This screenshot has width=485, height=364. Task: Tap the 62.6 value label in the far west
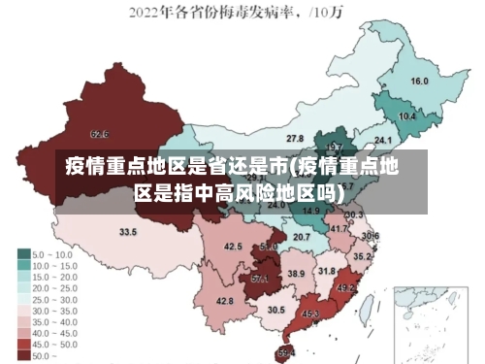pos(99,134)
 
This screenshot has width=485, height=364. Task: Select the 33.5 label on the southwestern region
pos(128,232)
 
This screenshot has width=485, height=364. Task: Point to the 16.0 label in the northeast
pos(420,81)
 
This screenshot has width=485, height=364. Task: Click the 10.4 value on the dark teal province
pos(407,116)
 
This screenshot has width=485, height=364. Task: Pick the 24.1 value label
pos(370,142)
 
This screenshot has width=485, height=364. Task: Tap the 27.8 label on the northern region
pos(294,139)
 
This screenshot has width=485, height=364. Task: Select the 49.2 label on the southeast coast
pos(345,288)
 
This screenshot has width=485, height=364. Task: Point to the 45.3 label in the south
pos(311,314)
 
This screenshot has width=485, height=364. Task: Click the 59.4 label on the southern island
pos(286,351)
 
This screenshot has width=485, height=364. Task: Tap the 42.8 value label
pos(224,301)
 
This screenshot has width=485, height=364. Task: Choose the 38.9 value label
pos(296,274)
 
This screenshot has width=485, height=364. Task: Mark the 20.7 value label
pos(302,236)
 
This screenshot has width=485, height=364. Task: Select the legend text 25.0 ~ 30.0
pos(55,300)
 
